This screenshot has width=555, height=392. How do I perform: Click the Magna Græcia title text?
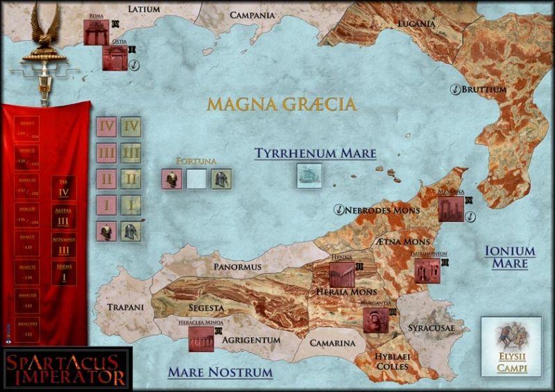point(282,105)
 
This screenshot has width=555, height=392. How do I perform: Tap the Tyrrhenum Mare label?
point(315,153)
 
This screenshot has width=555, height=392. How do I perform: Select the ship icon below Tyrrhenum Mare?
point(309,176)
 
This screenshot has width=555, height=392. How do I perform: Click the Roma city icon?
point(95,32)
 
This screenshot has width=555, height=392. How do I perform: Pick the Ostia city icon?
point(114,59)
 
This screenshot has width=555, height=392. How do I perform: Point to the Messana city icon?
point(451,208)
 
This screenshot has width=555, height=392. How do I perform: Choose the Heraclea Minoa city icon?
point(200,339)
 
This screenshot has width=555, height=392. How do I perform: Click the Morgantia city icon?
point(375,320)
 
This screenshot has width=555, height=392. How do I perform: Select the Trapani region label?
point(125,307)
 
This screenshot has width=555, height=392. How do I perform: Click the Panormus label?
point(237,266)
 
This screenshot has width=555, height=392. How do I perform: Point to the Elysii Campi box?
point(511,347)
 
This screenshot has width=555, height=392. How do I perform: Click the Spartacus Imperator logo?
point(66,368)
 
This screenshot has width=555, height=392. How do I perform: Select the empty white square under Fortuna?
point(196,179)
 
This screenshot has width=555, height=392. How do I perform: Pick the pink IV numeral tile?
point(107,128)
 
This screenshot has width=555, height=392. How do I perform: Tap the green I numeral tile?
point(131,205)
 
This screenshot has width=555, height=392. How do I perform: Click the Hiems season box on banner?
point(63,273)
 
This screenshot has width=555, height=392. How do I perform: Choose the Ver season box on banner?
point(63,188)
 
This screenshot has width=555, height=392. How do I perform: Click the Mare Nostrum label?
point(220,373)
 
